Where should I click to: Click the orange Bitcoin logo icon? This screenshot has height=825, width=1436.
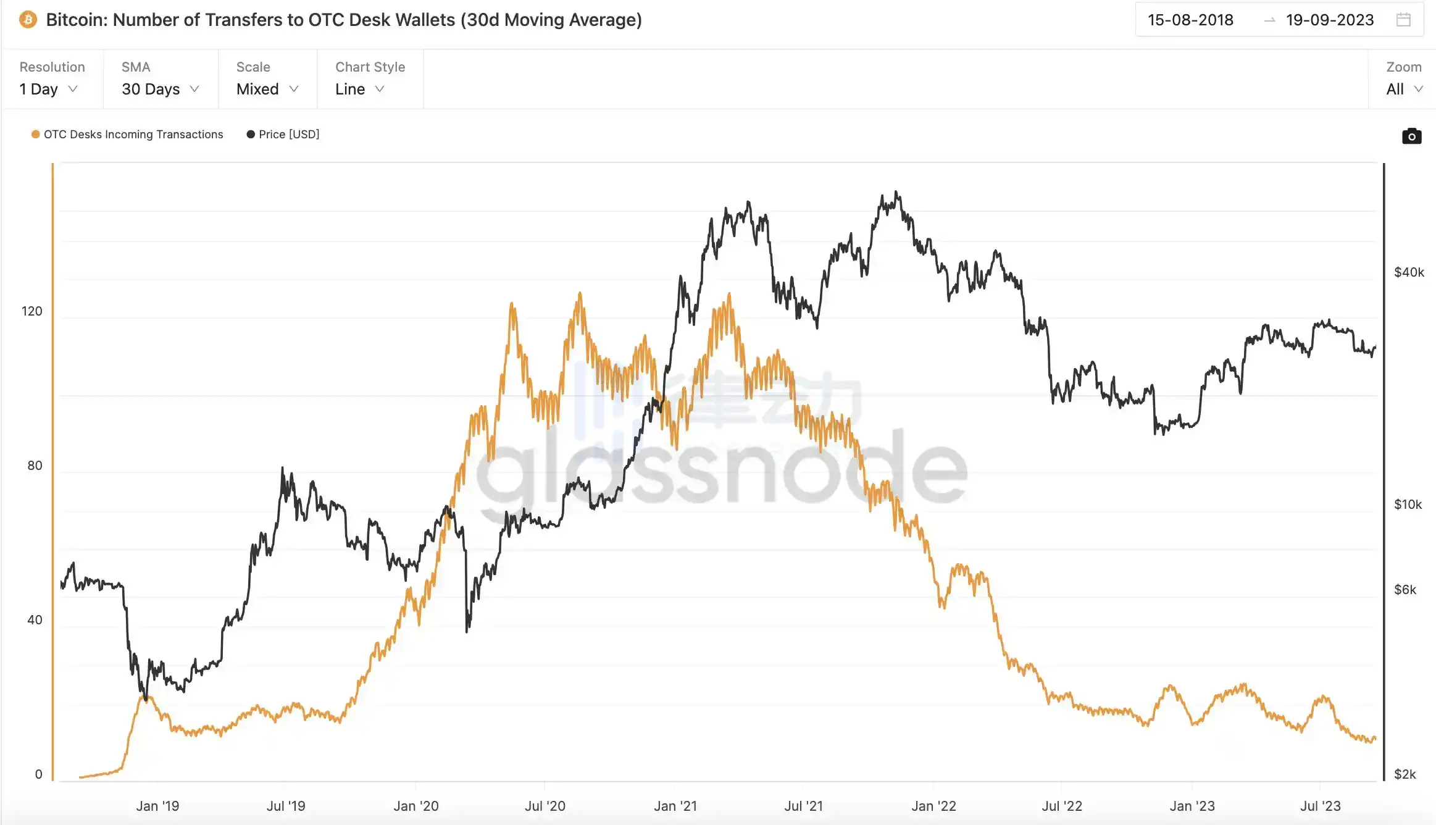pyautogui.click(x=28, y=20)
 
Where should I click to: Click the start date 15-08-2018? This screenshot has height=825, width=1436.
pyautogui.click(x=1190, y=20)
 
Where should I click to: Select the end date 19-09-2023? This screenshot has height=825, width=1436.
pyautogui.click(x=1329, y=20)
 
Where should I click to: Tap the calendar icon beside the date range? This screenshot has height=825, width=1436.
pyautogui.click(x=1403, y=20)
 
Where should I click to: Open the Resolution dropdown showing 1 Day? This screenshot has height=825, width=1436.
pyautogui.click(x=48, y=89)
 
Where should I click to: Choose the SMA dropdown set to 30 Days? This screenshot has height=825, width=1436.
pyautogui.click(x=160, y=89)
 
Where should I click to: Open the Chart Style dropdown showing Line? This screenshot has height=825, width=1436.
pyautogui.click(x=359, y=89)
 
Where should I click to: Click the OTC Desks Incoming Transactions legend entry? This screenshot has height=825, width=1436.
pyautogui.click(x=133, y=134)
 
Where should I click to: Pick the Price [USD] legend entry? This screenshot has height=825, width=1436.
pyautogui.click(x=288, y=134)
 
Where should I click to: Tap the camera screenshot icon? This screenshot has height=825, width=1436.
pyautogui.click(x=1411, y=136)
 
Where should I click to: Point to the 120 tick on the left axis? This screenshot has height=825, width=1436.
pyautogui.click(x=32, y=311)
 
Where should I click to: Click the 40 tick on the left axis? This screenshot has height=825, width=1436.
pyautogui.click(x=35, y=619)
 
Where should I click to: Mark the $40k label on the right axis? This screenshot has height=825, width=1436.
pyautogui.click(x=1409, y=272)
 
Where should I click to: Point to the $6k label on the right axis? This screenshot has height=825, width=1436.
pyautogui.click(x=1405, y=590)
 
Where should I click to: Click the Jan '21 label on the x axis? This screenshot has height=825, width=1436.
pyautogui.click(x=675, y=806)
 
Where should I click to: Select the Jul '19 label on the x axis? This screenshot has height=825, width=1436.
pyautogui.click(x=286, y=806)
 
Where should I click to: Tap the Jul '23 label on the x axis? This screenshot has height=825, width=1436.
pyautogui.click(x=1320, y=806)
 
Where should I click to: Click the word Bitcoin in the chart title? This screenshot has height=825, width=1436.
pyautogui.click(x=77, y=20)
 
